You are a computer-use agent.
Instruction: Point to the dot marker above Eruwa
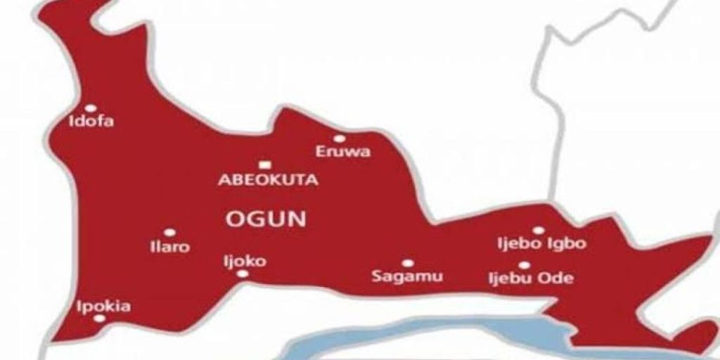[339, 139]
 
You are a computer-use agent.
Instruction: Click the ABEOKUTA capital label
[268, 180]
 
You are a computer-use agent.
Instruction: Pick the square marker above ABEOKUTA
[264, 164]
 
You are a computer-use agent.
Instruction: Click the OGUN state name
[266, 219]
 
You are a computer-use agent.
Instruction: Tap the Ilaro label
[169, 247]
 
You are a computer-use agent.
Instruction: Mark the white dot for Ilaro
[169, 232]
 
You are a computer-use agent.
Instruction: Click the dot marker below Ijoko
[243, 274]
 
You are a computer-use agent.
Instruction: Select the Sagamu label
[407, 276]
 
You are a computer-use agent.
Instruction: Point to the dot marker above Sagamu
[407, 263]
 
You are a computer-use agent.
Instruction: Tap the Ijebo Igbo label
[541, 244]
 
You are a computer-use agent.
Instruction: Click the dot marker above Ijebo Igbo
[538, 230]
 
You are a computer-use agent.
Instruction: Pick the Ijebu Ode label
[531, 278]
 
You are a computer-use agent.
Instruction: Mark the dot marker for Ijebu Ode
[524, 264]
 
